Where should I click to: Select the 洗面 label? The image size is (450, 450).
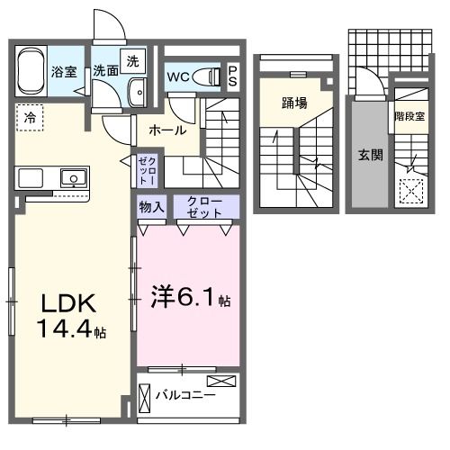[107, 71]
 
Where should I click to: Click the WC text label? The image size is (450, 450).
[178, 76]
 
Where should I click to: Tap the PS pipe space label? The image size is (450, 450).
[232, 76]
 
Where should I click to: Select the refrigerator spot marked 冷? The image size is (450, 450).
[30, 117]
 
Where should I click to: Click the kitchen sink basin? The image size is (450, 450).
[72, 176]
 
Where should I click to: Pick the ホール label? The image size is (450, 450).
[168, 130]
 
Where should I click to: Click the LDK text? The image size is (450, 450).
[65, 302]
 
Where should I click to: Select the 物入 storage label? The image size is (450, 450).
[151, 207]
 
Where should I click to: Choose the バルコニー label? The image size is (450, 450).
[185, 393]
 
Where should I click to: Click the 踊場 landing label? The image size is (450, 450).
[294, 102]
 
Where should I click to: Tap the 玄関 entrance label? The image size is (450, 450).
[370, 155]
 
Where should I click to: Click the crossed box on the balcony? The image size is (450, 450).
[223, 382]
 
